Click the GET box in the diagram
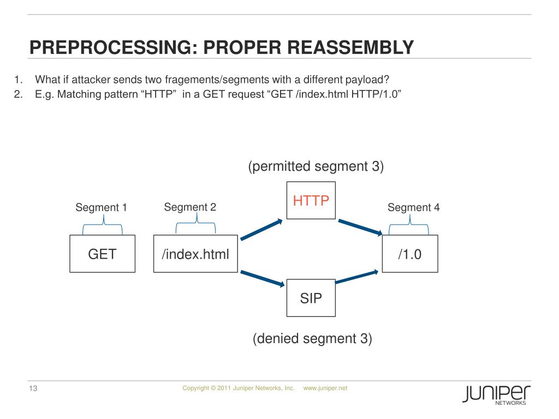click(x=102, y=254)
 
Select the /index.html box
click(x=195, y=254)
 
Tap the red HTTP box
click(x=311, y=200)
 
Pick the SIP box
click(x=311, y=298)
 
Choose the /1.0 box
click(x=409, y=254)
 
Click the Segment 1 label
click(x=101, y=207)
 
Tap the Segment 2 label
click(x=190, y=207)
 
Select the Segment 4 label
click(x=413, y=207)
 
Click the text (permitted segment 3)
click(x=316, y=166)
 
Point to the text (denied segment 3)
click(x=312, y=339)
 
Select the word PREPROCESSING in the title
click(x=109, y=47)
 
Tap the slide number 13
click(x=32, y=389)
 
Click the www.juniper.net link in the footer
click(x=325, y=388)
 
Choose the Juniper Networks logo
click(x=496, y=394)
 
